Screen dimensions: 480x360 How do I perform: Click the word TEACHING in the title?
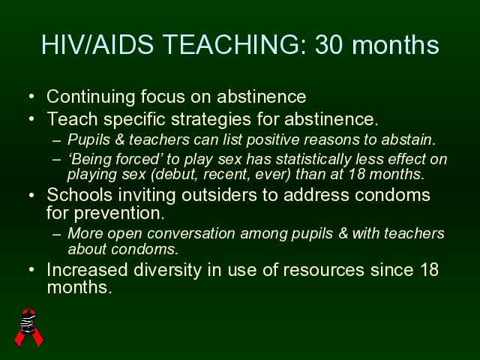(x=234, y=45)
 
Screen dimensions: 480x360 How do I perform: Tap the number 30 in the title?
(x=329, y=45)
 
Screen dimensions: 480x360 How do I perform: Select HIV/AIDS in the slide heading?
(x=97, y=45)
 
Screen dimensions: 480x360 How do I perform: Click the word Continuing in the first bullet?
(x=91, y=97)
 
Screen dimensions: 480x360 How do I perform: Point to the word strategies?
(x=211, y=120)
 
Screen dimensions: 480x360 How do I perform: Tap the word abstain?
(x=408, y=140)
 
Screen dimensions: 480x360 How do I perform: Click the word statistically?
(x=313, y=160)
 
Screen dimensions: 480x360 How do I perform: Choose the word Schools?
(x=79, y=195)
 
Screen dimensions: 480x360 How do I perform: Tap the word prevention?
(x=119, y=213)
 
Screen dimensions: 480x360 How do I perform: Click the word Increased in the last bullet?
(x=87, y=270)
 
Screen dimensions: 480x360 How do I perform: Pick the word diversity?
(x=167, y=271)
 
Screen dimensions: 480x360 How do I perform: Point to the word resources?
(x=323, y=271)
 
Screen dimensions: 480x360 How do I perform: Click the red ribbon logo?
(x=29, y=327)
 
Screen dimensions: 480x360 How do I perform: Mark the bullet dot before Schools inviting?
(x=31, y=195)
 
